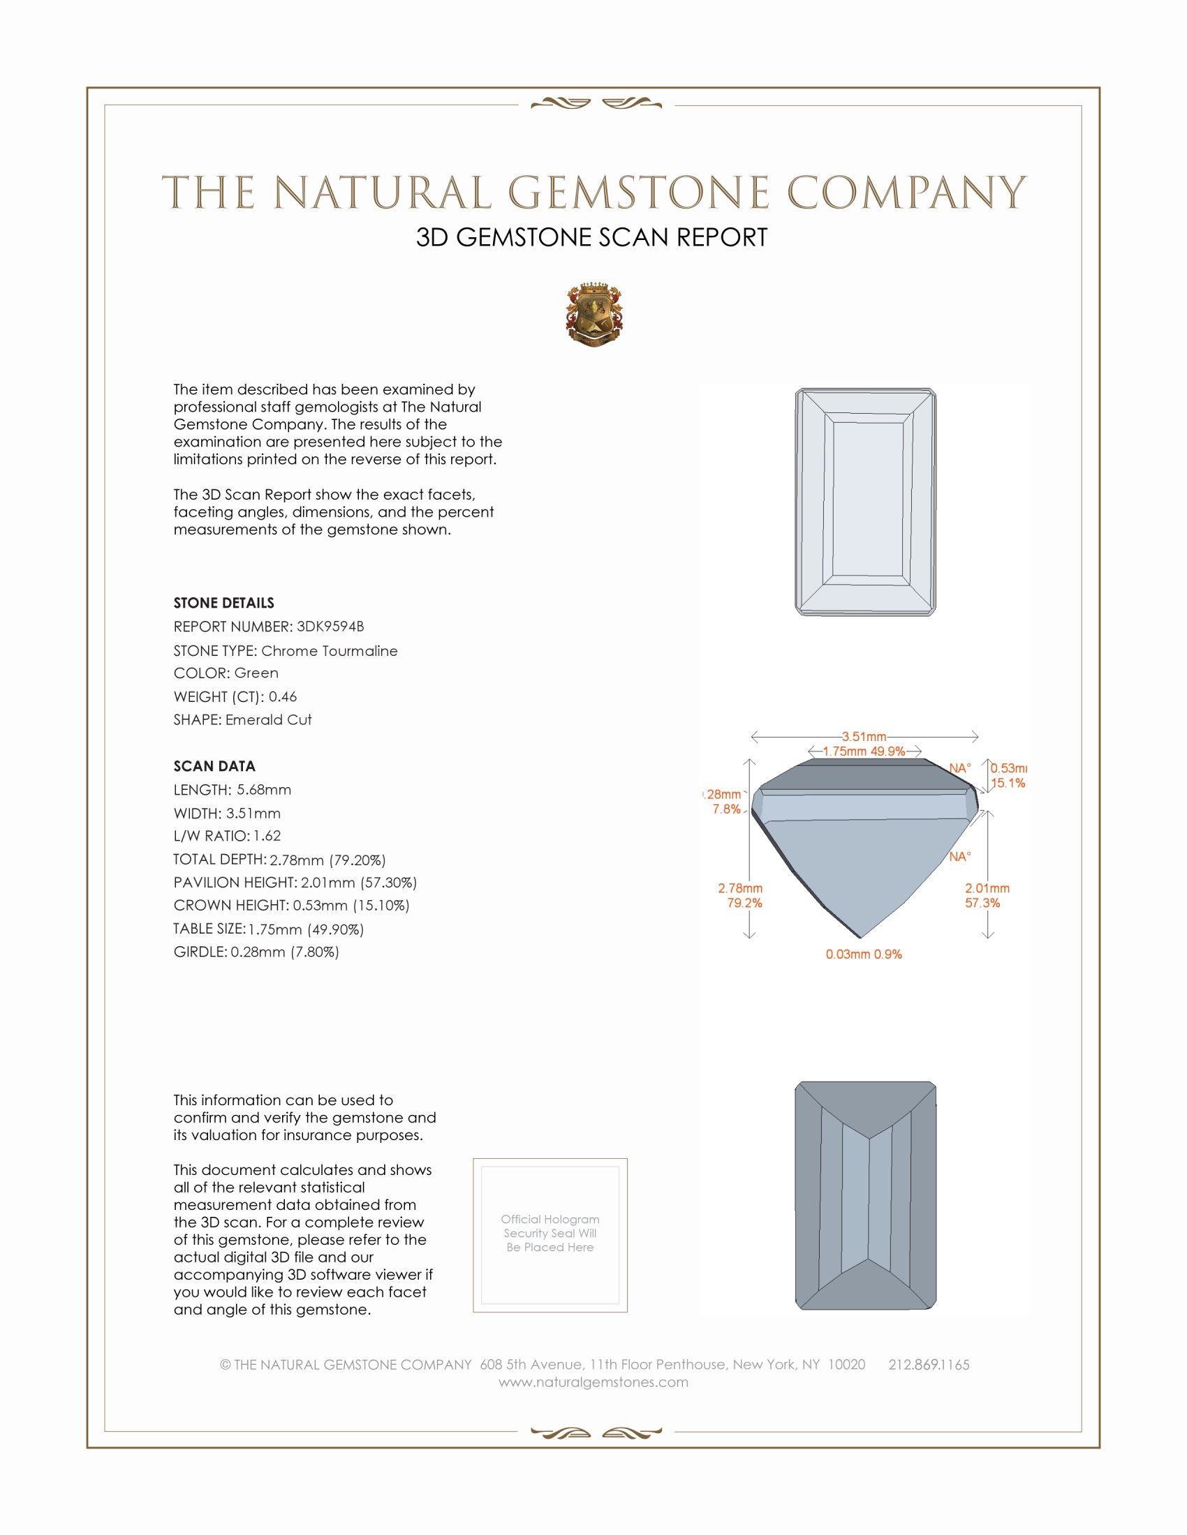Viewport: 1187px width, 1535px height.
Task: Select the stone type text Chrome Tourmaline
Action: (329, 651)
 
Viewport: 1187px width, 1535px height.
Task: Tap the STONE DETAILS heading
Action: (223, 603)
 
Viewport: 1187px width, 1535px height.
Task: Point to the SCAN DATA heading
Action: (214, 766)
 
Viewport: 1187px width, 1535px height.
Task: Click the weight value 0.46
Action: (283, 696)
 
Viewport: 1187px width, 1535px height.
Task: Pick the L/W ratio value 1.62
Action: (267, 836)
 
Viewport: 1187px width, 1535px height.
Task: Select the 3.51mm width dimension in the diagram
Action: (864, 737)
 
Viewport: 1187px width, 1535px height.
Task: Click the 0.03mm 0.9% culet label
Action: (864, 954)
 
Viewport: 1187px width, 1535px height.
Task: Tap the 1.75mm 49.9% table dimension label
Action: (864, 751)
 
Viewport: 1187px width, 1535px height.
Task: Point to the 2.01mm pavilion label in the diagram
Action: (987, 888)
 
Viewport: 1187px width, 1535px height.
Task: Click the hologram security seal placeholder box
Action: (550, 1235)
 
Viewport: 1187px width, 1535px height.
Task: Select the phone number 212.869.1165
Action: (928, 1364)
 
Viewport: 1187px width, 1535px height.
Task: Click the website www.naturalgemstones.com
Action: (593, 1381)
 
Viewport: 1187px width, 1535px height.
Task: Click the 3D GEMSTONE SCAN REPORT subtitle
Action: (591, 237)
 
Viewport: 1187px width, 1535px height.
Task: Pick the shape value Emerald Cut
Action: (269, 720)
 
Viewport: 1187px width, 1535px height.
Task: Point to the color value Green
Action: (256, 673)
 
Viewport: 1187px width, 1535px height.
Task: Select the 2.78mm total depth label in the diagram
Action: (739, 888)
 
